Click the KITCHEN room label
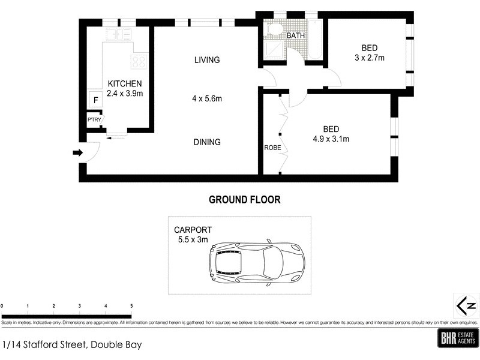click(124, 83)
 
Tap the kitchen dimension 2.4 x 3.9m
click(124, 93)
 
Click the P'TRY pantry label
click(94, 120)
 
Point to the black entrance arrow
click(77, 152)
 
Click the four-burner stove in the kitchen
click(139, 61)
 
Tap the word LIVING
click(207, 60)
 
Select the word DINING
click(207, 142)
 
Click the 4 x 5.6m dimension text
click(207, 98)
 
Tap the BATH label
click(296, 36)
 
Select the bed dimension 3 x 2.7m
click(369, 58)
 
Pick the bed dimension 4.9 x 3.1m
click(331, 139)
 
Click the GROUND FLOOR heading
click(244, 199)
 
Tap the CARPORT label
click(193, 230)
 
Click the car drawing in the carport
click(256, 262)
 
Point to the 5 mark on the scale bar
click(131, 306)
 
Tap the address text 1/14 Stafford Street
click(72, 345)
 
